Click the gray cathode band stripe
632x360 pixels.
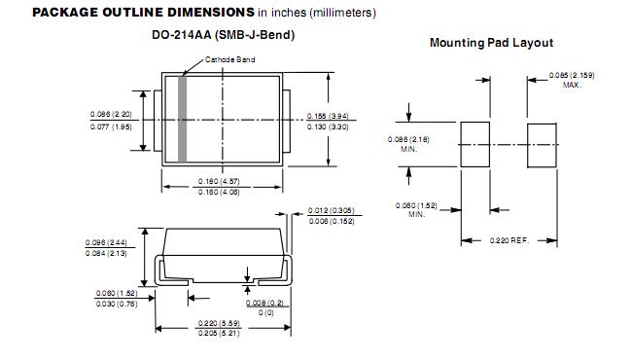[x=182, y=119]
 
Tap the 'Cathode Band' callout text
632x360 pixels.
[x=230, y=59]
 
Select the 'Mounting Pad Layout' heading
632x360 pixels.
[x=491, y=43]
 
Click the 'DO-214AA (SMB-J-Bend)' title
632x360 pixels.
[x=224, y=35]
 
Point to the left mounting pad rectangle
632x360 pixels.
[x=475, y=144]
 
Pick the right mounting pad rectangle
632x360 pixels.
[x=543, y=146]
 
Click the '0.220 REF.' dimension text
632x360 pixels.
[x=509, y=240]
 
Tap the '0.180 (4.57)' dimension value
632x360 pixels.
[x=219, y=181]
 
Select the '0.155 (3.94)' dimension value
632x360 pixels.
[x=328, y=116]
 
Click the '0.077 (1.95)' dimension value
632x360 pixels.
[x=111, y=127]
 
